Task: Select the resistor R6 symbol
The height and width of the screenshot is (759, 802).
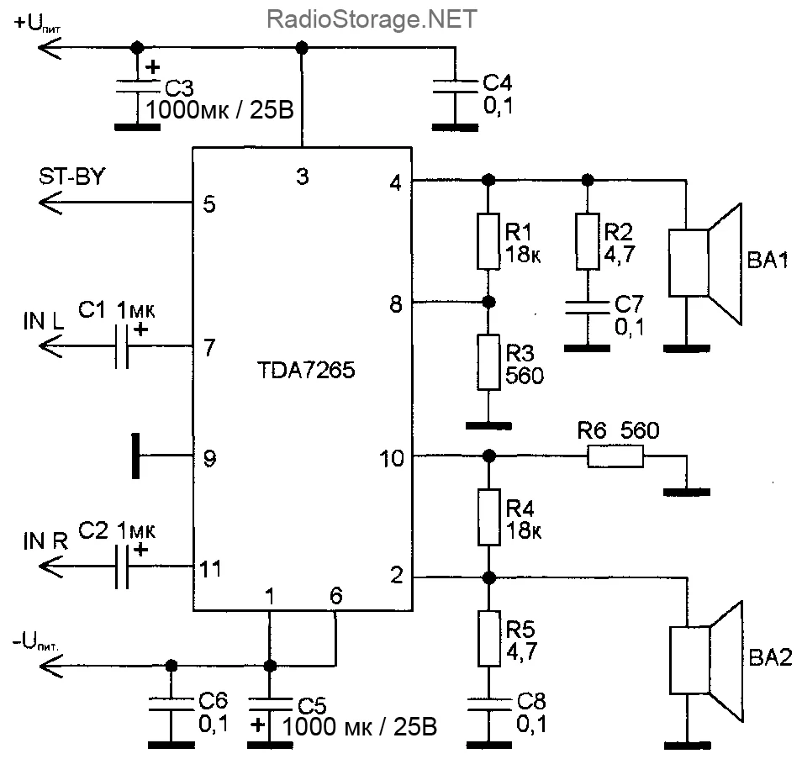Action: [x=615, y=457]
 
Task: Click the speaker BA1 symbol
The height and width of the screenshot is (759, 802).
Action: [x=704, y=262]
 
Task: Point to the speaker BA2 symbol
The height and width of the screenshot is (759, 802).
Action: [x=704, y=661]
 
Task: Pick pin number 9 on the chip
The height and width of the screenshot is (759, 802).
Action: [x=211, y=459]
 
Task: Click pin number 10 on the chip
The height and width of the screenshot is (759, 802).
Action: [x=391, y=459]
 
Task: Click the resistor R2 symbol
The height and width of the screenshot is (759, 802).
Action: [x=588, y=242]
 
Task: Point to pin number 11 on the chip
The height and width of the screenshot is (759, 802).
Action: [x=210, y=569]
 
